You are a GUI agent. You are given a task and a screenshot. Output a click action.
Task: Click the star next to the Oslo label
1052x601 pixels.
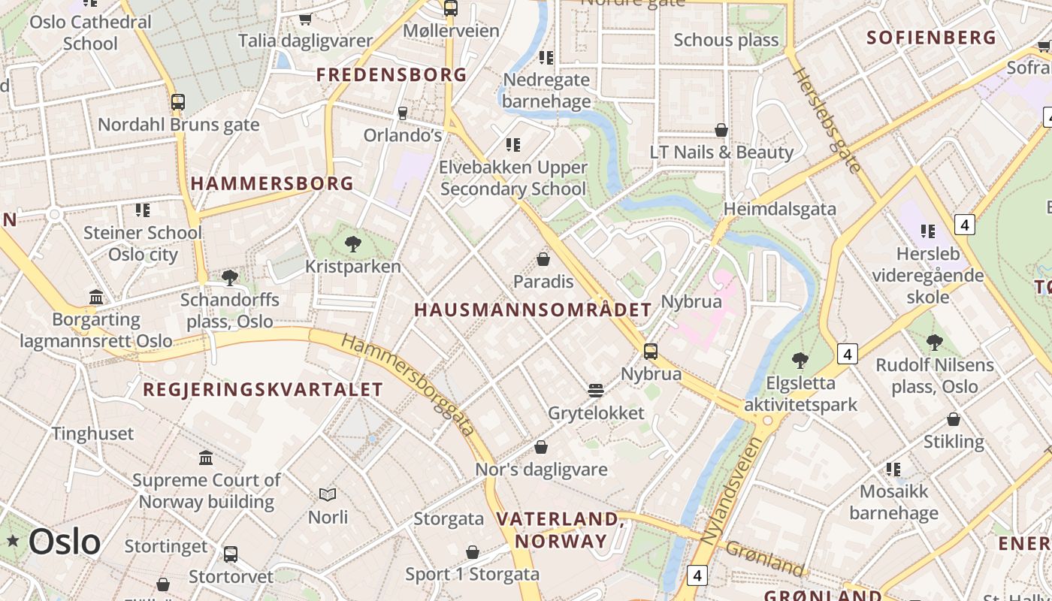coord(13,540)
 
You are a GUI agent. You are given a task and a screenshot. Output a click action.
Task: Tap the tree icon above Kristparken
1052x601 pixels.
coord(352,244)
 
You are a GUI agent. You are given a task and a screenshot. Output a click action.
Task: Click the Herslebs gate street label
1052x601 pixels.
coord(827,119)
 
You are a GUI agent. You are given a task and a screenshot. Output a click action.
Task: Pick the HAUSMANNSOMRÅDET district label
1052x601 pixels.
coord(533,310)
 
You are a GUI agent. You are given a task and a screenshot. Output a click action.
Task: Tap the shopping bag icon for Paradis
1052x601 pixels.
coord(543,260)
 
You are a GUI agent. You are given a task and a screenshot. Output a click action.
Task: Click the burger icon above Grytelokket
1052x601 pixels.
coord(596,390)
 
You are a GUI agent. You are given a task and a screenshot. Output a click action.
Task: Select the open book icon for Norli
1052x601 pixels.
coord(328,494)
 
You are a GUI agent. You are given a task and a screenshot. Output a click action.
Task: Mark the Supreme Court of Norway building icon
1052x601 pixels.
coord(206,458)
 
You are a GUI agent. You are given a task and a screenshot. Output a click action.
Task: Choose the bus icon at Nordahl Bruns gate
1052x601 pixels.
coord(178,101)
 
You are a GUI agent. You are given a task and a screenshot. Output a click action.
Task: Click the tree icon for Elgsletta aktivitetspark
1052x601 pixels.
coord(800,361)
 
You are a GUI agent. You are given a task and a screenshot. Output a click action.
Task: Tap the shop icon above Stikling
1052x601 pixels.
coord(954,419)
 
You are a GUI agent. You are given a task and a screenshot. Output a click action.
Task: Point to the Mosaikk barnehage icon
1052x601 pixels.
coord(893,470)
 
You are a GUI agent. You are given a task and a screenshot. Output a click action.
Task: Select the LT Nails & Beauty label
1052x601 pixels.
coord(721,153)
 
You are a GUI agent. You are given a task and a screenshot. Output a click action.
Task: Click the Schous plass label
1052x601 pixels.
coord(726,40)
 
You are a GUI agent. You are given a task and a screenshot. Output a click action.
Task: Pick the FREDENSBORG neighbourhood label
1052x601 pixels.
coord(391,75)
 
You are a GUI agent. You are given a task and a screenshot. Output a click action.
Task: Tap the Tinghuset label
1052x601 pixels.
coord(92,433)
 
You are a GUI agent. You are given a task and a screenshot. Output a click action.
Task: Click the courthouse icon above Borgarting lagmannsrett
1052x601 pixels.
coord(96,297)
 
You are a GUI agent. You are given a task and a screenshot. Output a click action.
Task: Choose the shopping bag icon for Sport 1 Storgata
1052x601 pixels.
coord(473,552)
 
